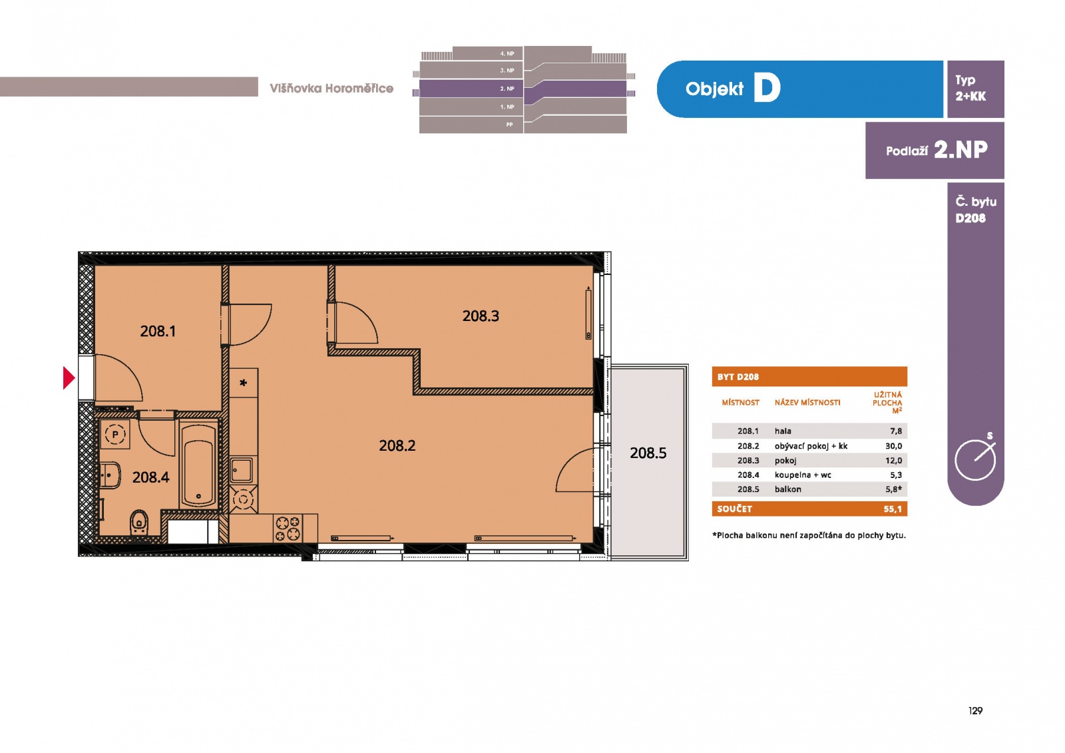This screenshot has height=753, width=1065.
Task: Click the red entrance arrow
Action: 69,378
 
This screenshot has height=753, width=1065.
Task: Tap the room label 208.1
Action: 158,331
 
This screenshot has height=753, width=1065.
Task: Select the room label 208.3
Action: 481,316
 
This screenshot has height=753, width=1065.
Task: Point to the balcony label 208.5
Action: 648,453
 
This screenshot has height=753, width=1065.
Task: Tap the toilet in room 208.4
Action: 139,524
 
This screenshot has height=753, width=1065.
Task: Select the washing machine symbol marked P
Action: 115,434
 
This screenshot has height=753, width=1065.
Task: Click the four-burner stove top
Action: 288,529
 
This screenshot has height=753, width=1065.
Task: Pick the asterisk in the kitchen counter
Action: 244,382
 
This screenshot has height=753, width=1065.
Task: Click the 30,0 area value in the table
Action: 893,446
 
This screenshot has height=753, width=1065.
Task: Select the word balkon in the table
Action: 788,489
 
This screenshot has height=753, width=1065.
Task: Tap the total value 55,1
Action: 893,509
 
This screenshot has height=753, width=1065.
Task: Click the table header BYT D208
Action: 738,377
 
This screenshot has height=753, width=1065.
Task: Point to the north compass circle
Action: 975,460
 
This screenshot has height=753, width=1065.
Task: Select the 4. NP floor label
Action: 507,54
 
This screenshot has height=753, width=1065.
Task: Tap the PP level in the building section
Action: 509,125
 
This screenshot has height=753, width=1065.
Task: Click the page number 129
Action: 975,710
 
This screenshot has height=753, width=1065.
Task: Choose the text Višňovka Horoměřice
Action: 331,89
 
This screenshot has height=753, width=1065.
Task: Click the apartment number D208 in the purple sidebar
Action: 970,218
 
